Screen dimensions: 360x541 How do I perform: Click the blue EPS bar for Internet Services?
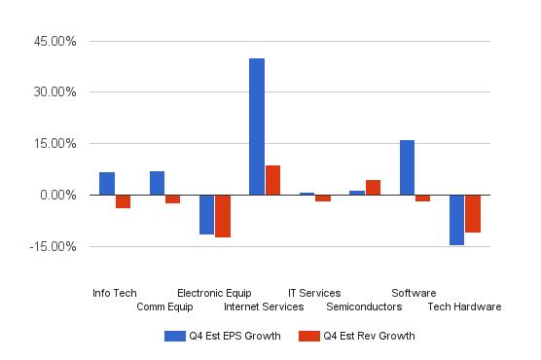tap(257, 126)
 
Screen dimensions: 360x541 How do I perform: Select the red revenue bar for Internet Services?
tap(273, 180)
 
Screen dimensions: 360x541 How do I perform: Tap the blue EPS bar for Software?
tap(407, 167)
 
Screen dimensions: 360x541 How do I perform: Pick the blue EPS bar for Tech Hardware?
tap(456, 220)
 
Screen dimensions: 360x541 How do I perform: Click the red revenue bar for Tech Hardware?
tap(473, 213)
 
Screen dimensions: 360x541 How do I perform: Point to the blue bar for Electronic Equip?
tap(206, 214)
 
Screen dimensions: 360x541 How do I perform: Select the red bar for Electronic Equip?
tap(223, 216)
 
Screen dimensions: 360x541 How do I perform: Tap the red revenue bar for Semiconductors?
tap(374, 187)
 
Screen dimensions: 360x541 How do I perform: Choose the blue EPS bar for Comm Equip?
tap(157, 183)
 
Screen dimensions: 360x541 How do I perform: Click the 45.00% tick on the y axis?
tap(55, 42)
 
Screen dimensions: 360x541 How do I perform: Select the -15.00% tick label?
tap(54, 246)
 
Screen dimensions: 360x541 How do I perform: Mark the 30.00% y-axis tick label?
tap(55, 92)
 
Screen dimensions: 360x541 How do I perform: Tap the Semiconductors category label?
tap(364, 306)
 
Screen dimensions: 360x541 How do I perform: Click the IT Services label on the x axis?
tap(314, 293)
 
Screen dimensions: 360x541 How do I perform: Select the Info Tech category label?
tap(115, 293)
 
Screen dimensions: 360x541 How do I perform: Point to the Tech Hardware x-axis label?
tap(464, 306)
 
